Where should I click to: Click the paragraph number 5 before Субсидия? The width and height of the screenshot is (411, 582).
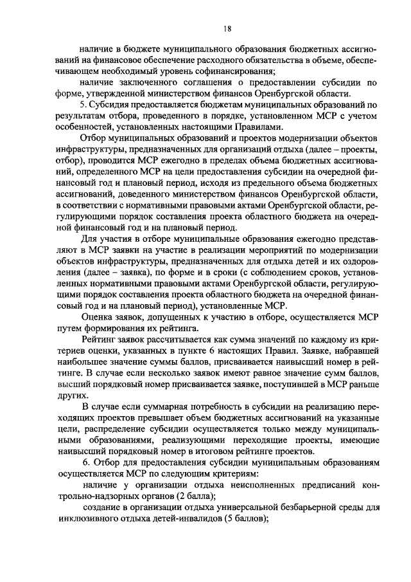[x=82, y=104]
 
